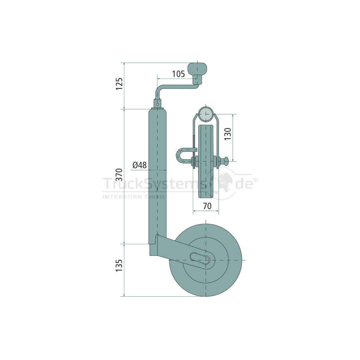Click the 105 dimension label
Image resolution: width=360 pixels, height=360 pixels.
pyautogui.click(x=178, y=74)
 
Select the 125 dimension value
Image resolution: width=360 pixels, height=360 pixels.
pyautogui.click(x=120, y=84)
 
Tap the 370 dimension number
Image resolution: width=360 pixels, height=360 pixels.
pyautogui.click(x=120, y=175)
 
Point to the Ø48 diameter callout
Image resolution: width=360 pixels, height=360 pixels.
pyautogui.click(x=139, y=165)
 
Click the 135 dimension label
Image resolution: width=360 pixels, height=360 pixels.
pyautogui.click(x=120, y=265)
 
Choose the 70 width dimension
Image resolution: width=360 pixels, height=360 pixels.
pyautogui.click(x=207, y=206)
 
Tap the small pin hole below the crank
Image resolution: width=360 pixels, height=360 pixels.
pyautogui.click(x=158, y=104)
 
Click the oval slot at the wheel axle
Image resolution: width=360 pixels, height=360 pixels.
pyautogui.click(x=200, y=258)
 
